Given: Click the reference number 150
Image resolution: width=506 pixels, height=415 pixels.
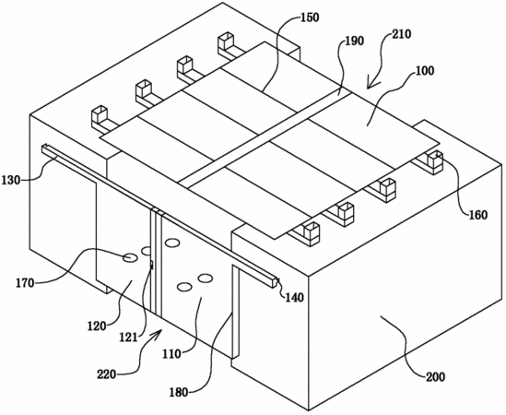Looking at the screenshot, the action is [x=310, y=18].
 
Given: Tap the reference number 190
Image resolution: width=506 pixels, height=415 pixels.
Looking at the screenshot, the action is [x=354, y=41].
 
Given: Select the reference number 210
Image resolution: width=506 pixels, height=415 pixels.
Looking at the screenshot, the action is [x=402, y=34].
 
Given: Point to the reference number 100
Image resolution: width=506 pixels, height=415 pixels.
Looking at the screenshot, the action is [x=425, y=71].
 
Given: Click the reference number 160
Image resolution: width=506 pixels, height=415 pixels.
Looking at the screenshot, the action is [x=478, y=215].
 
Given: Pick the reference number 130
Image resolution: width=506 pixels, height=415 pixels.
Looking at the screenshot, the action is [x=11, y=180].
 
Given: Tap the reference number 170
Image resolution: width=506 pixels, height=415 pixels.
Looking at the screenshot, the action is [x=25, y=283].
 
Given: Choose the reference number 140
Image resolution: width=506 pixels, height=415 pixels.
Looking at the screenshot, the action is [x=294, y=297].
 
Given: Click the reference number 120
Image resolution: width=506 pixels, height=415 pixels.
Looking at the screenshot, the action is [x=97, y=326].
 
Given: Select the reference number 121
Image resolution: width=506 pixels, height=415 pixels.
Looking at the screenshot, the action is [x=128, y=338].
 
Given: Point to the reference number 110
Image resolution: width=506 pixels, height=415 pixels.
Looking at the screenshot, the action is [x=171, y=354].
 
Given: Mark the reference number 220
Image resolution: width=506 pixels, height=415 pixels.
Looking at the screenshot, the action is [x=107, y=375].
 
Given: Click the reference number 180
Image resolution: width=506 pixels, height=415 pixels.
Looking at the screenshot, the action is [x=179, y=392].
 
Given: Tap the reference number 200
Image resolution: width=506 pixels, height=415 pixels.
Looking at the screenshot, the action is [x=435, y=377].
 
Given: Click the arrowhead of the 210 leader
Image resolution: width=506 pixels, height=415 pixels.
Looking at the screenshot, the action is [x=371, y=85].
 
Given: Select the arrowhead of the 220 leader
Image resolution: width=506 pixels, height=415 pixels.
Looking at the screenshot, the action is [x=158, y=334].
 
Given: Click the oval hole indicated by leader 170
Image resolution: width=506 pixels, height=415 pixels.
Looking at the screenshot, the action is [x=130, y=257].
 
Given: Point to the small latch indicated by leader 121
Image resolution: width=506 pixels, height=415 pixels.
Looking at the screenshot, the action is [x=151, y=266].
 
